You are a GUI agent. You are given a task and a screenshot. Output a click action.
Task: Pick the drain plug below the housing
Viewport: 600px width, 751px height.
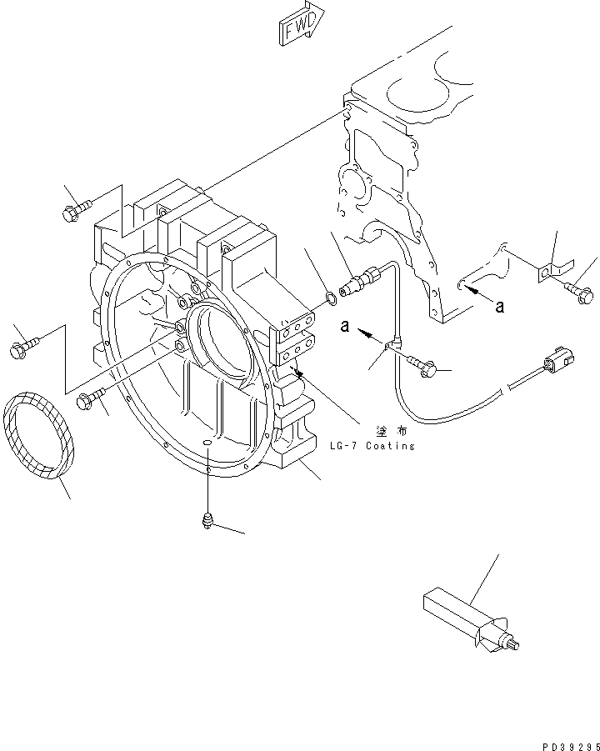207,521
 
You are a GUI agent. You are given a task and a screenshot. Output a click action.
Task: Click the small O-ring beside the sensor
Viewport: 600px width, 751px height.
331,295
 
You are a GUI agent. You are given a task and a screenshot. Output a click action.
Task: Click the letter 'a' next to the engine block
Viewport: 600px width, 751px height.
499,307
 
